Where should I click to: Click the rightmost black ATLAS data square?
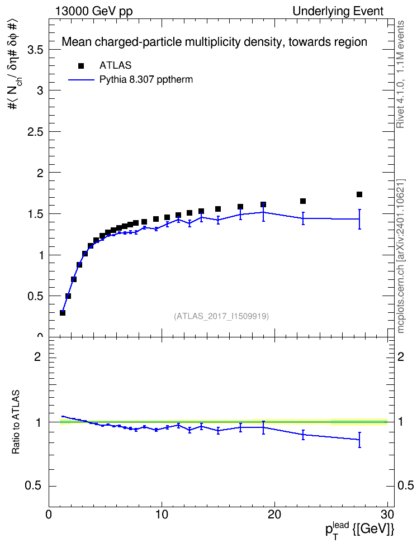pos(359,194)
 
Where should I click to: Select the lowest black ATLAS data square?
pos(63,313)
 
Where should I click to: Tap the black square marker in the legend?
pos(81,66)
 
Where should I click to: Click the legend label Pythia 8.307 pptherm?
pos(146,80)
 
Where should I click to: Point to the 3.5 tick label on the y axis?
pos(35,50)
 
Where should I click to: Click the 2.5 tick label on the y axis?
pos(35,132)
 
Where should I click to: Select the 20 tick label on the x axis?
pos(274,515)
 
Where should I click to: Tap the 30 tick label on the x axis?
pos(387,515)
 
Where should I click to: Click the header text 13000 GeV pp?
pos(93,11)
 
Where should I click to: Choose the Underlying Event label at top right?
pos(338,11)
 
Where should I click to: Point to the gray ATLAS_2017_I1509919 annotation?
pos(221,316)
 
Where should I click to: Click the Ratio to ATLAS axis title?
pos(16,422)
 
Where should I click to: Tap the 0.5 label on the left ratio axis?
pos(33,486)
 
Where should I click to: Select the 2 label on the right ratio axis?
pos(400,356)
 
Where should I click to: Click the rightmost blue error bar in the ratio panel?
pos(359,440)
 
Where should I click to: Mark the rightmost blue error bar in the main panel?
pos(359,219)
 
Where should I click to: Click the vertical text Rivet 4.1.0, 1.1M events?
pos(401,74)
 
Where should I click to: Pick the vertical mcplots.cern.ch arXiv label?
pos(401,256)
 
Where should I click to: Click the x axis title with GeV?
pos(359,530)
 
